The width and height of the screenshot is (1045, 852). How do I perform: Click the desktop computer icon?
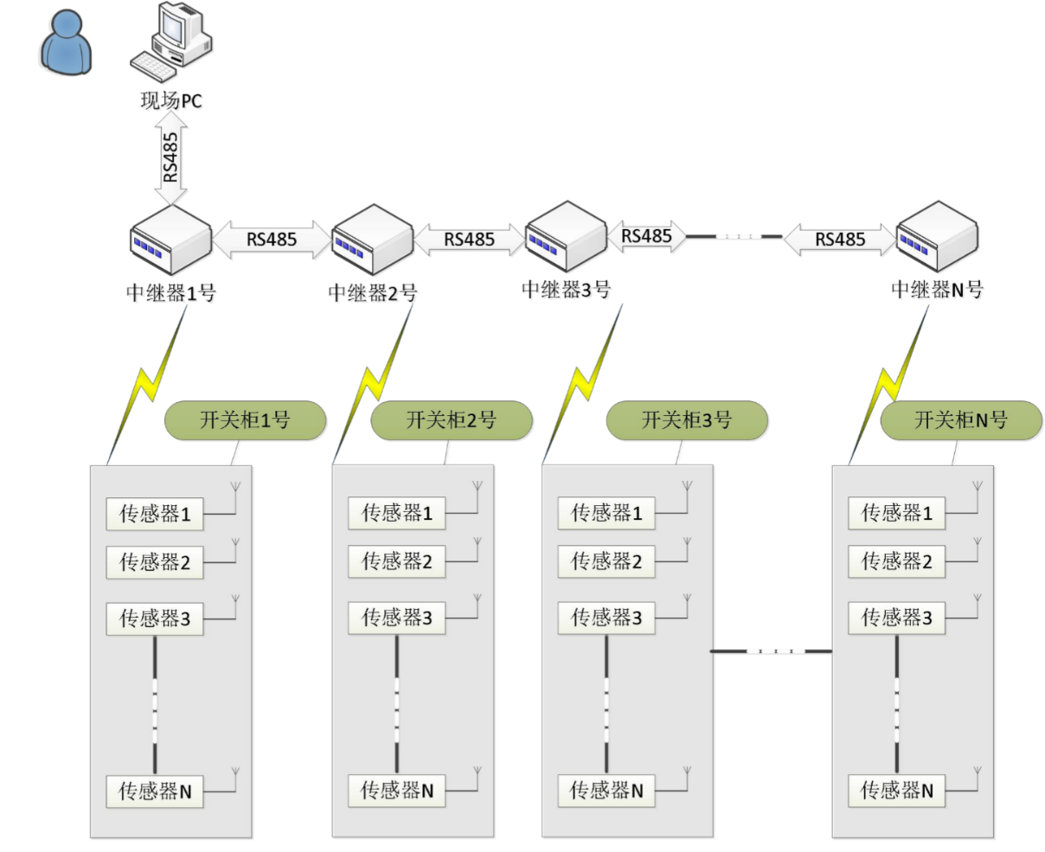[x=173, y=40]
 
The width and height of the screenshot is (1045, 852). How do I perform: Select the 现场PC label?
[x=171, y=101]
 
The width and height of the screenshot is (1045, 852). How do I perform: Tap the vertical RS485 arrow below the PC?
[x=171, y=157]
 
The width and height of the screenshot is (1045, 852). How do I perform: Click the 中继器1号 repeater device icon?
[x=170, y=240]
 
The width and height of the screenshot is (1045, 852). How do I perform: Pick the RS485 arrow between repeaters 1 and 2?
[x=271, y=240]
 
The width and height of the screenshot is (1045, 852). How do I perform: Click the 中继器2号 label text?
[x=372, y=293]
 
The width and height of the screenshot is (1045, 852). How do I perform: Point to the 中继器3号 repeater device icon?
[x=566, y=237]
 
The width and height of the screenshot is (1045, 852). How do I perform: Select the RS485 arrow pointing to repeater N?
[x=839, y=240]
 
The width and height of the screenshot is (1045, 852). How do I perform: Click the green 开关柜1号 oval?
[x=245, y=420]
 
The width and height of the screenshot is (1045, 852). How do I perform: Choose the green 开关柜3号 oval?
[x=686, y=420]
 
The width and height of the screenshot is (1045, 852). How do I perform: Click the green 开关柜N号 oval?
[x=960, y=420]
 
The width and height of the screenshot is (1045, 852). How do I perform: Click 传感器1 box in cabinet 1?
[x=154, y=515]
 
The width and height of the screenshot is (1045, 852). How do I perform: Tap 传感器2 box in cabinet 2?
[x=396, y=561]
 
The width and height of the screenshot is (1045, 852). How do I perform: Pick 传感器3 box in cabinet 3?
[x=606, y=618]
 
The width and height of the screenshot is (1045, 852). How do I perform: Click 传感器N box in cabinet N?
[x=896, y=791]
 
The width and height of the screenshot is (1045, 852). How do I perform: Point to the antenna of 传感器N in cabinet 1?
[x=234, y=776]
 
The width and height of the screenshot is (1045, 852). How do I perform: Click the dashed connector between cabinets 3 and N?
[x=772, y=650]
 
